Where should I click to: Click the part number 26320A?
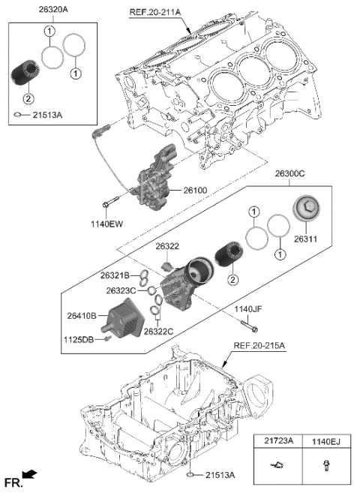coord(32,11)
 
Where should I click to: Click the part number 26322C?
coord(160,331)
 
